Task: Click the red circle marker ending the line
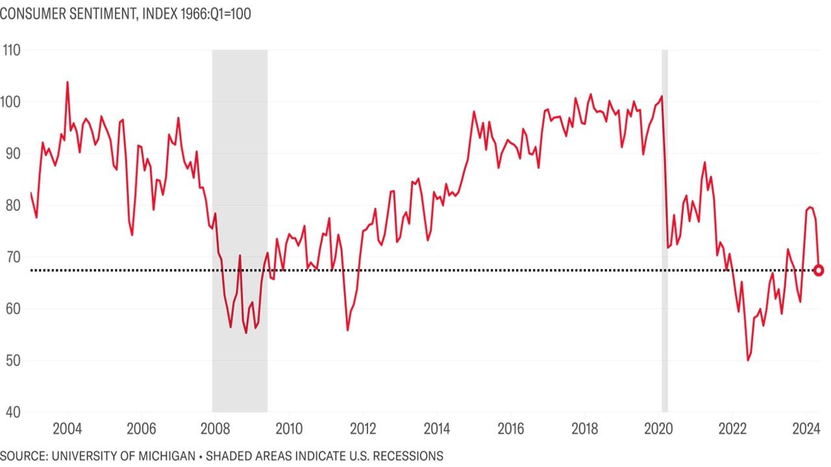coord(819,270)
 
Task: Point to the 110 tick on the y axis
coord(11,50)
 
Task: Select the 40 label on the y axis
coord(11,413)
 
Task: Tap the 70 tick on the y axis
coord(11,257)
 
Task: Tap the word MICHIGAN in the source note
coord(169,455)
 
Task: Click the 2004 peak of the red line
coord(67,82)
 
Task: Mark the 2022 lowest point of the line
coord(748,360)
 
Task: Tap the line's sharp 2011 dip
coord(347,330)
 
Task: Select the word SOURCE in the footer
coord(23,455)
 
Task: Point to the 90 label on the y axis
coord(11,154)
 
